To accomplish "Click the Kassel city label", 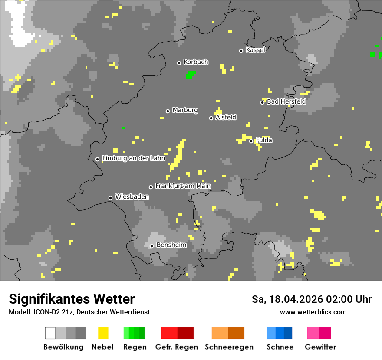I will tap(255, 50).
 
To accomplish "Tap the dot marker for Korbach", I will tap(179, 63).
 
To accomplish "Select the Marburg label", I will tap(185, 110).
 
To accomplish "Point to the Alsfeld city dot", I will tap(211, 118).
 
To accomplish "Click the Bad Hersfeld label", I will tap(286, 101).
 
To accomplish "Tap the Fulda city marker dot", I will tap(251, 141).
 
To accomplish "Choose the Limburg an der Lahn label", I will tap(134, 158).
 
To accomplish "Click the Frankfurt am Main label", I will tap(183, 186).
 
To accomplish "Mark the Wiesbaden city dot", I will tap(110, 198).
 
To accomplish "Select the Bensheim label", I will tap(171, 245).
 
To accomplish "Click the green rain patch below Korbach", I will tap(190, 75).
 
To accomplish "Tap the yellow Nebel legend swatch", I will tap(103, 333).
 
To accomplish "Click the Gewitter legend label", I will tap(320, 347).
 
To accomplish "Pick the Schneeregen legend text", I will tap(229, 347).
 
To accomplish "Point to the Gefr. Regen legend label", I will tap(176, 347).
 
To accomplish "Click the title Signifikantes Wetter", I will tap(72, 299).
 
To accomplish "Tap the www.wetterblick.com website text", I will tap(313, 312).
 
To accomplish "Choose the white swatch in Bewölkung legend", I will tap(50, 333).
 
